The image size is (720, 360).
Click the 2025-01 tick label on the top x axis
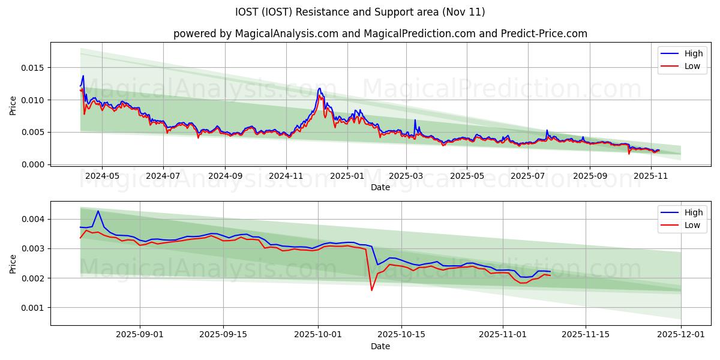tap(347, 176)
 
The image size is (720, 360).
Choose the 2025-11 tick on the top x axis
tap(651, 176)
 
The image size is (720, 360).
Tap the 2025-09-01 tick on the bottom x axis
tap(140, 335)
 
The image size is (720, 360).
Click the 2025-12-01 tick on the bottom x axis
tap(681, 335)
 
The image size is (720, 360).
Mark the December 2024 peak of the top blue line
tap(319, 88)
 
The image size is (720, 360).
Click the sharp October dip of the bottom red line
tap(371, 290)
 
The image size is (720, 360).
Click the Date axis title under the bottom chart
tap(380, 346)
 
